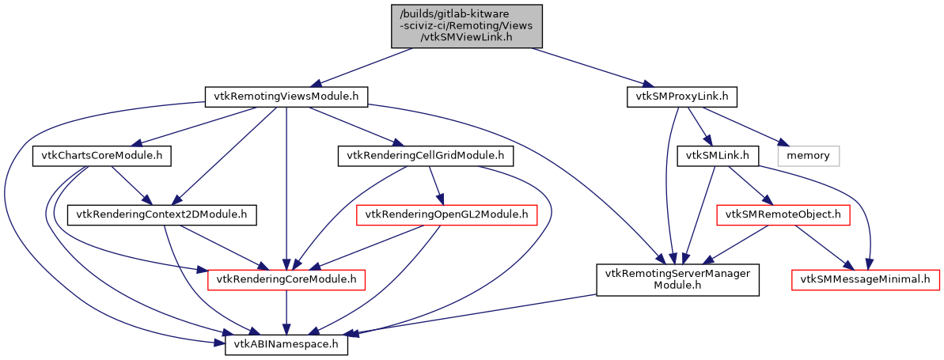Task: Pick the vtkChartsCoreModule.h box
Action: point(102,156)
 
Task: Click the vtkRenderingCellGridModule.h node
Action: point(426,156)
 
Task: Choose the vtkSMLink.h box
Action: point(718,156)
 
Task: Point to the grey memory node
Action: point(807,156)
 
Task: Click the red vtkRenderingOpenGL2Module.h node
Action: point(447,214)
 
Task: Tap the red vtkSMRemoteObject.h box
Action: point(782,214)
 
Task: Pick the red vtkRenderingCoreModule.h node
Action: point(286,279)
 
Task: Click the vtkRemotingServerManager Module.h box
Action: point(677,279)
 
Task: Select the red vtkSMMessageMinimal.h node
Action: point(866,279)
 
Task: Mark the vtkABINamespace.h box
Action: point(286,346)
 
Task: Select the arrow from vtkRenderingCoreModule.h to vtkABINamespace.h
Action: point(286,313)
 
